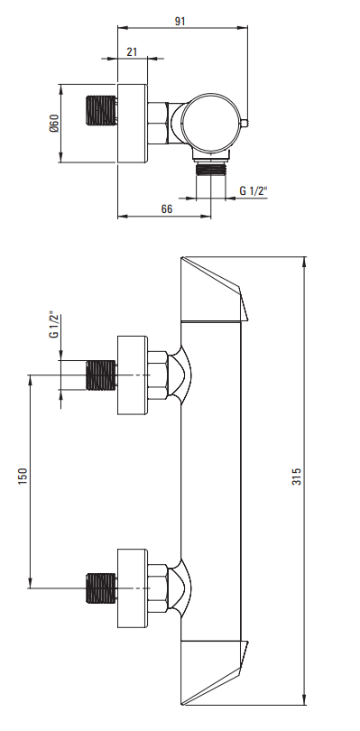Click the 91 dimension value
click(180, 22)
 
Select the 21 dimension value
click(133, 51)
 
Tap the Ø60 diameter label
click(54, 123)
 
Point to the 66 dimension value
click(167, 208)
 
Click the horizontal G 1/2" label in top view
click(254, 190)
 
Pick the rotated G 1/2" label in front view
click(54, 325)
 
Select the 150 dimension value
click(23, 476)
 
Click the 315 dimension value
click(297, 477)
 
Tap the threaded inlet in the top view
click(101, 110)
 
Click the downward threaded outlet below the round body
click(211, 168)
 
